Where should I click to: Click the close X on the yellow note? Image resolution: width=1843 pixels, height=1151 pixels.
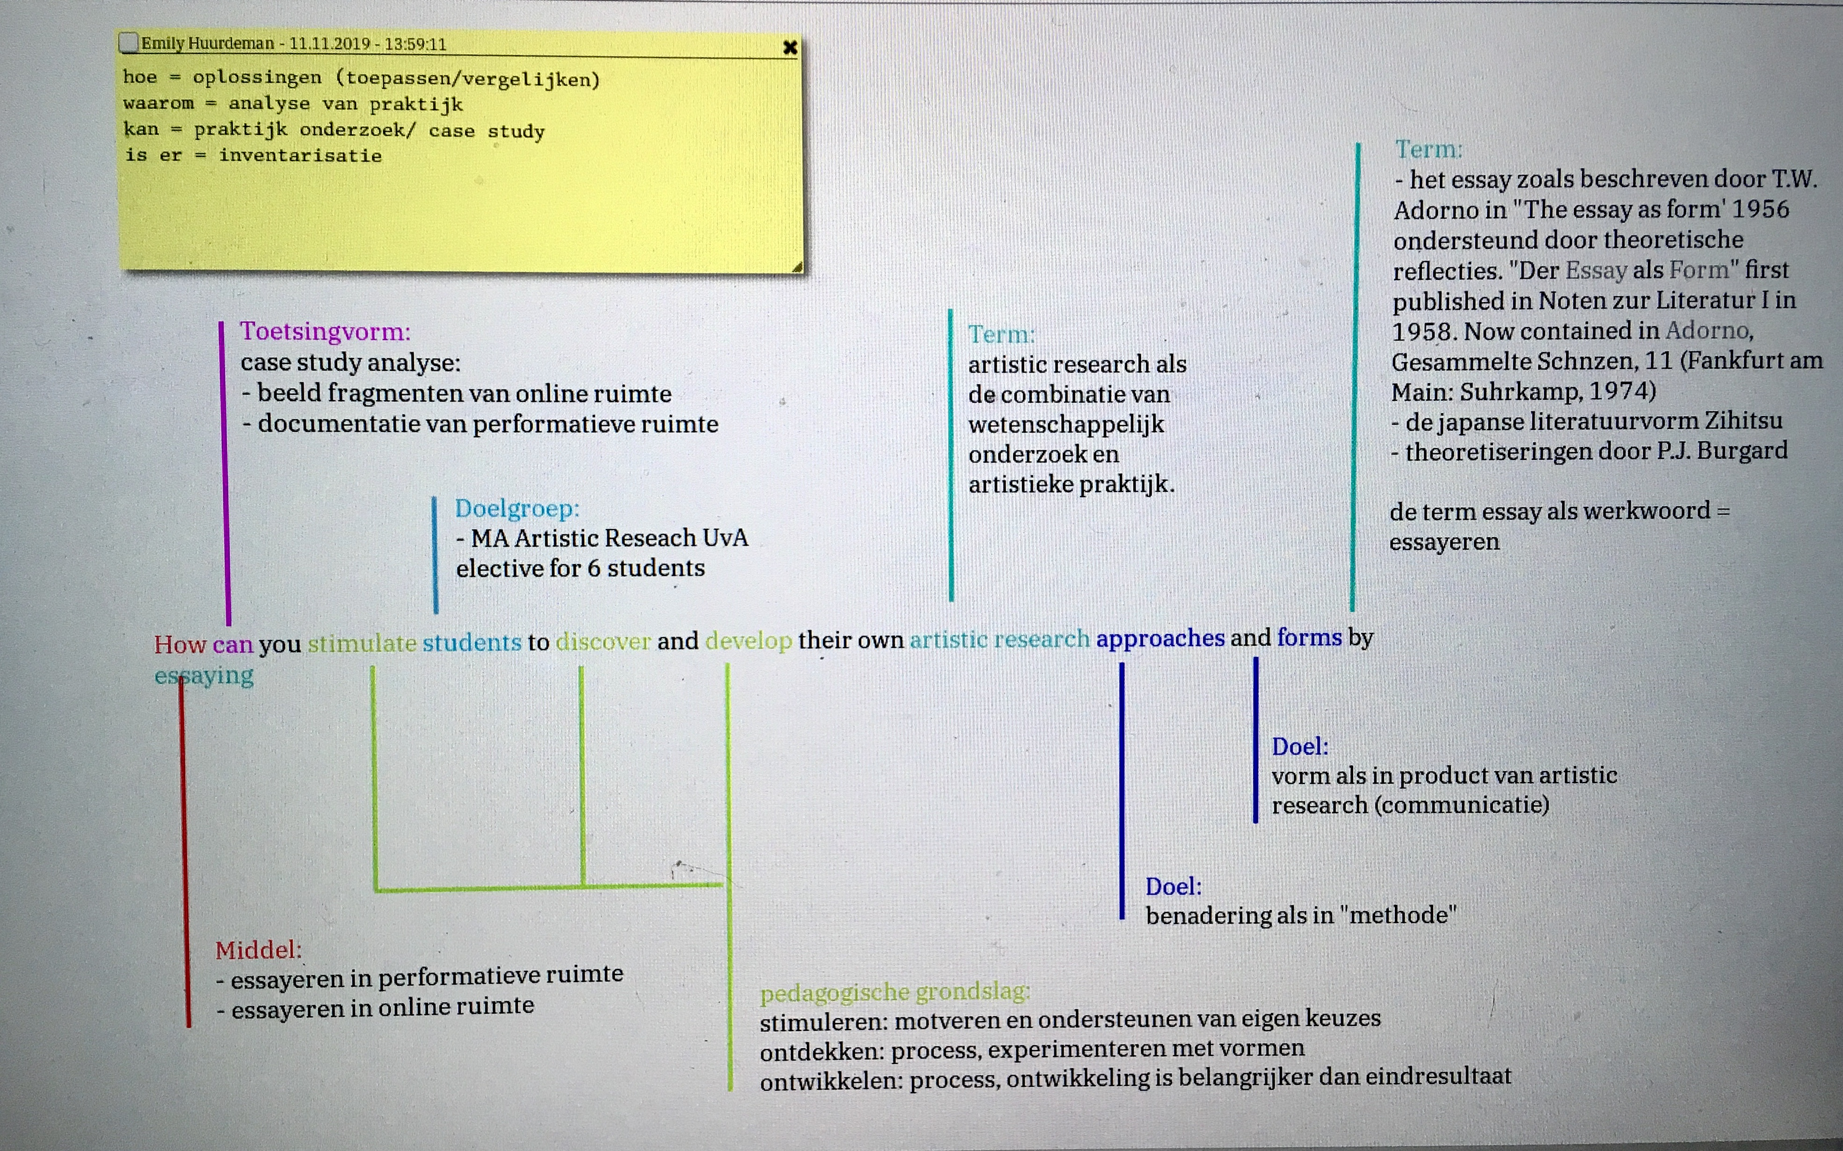pyautogui.click(x=790, y=47)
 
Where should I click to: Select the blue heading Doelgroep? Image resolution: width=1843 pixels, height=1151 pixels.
pyautogui.click(x=517, y=508)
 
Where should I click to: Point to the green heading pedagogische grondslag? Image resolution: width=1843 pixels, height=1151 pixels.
pyautogui.click(x=894, y=991)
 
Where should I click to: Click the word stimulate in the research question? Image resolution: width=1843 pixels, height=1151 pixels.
pyautogui.click(x=361, y=643)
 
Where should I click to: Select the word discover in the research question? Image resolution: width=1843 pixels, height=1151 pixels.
pyautogui.click(x=603, y=642)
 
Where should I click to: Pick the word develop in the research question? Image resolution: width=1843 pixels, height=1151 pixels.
pyautogui.click(x=748, y=641)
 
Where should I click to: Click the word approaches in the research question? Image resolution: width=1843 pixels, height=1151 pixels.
pyautogui.click(x=1160, y=638)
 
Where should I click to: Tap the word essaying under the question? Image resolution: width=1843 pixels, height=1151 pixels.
pyautogui.click(x=204, y=675)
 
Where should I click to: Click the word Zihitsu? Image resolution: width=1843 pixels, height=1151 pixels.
pyautogui.click(x=1744, y=420)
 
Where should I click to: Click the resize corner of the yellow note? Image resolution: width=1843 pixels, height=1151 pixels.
pyautogui.click(x=797, y=266)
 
